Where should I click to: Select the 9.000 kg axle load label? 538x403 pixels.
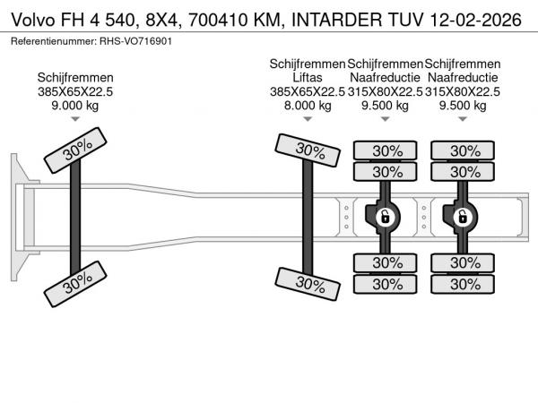click(x=74, y=106)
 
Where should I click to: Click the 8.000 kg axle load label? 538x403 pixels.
click(x=308, y=106)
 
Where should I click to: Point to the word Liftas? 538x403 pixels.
click(x=308, y=78)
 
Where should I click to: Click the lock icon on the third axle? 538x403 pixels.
click(x=385, y=216)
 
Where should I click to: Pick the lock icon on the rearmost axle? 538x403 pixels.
click(x=463, y=216)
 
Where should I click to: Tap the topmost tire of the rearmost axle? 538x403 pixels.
click(x=463, y=150)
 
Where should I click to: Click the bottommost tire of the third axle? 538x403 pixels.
click(x=386, y=284)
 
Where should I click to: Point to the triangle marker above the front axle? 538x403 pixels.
click(x=74, y=119)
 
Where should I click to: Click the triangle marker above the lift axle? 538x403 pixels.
click(x=308, y=119)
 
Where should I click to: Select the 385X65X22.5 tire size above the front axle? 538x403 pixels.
click(x=74, y=92)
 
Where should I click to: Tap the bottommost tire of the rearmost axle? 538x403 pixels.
click(x=463, y=284)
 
